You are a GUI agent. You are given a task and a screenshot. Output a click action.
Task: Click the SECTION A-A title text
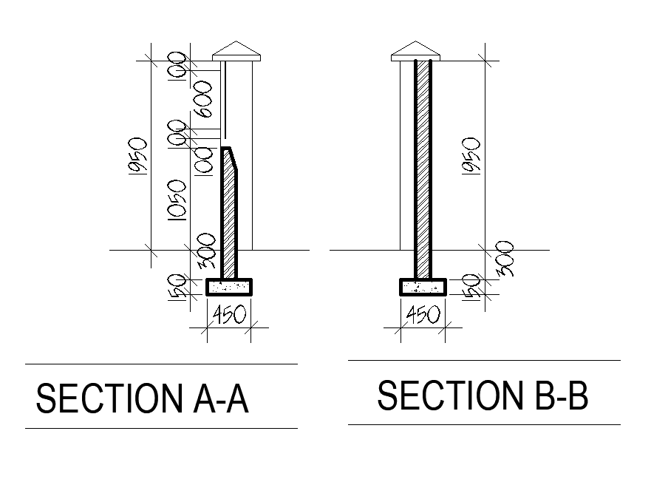coord(142,399)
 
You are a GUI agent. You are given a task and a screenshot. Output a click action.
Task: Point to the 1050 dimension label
coord(176,200)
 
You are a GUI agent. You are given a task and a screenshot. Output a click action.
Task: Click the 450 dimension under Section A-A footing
coord(229,316)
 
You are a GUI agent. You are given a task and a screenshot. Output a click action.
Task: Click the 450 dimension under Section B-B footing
coord(423,316)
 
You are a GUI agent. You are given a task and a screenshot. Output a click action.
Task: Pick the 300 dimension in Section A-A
coord(207,251)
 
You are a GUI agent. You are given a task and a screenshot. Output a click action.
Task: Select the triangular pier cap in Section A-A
coord(237,50)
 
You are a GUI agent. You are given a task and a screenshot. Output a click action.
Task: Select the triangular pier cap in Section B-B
coord(415,50)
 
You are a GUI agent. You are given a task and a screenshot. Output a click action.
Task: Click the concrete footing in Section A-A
coord(229,286)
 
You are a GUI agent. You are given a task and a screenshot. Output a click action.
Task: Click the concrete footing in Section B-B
coord(423,286)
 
